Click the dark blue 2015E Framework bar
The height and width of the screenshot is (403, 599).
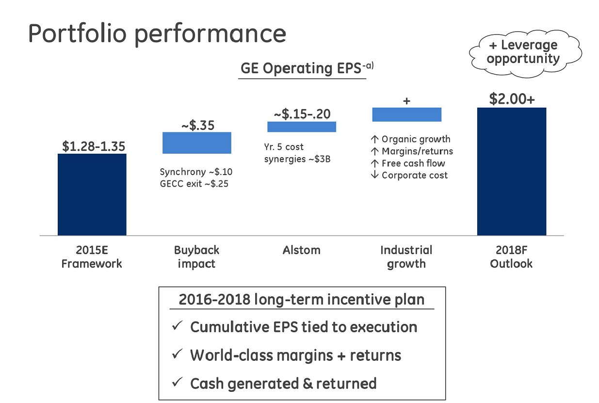[x=92, y=194]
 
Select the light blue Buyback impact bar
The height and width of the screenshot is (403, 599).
[x=197, y=143]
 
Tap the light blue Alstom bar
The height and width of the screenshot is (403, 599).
[x=302, y=127]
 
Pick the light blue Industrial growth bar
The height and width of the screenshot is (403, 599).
[x=407, y=114]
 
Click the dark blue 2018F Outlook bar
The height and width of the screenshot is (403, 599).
[x=512, y=171]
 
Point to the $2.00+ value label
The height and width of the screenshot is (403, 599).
[x=512, y=99]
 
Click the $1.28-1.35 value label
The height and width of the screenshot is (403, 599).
[x=94, y=146]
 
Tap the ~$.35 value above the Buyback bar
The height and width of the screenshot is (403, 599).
[x=198, y=126]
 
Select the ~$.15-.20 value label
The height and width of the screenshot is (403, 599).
[x=302, y=114]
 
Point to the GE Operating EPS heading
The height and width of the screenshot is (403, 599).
[x=307, y=68]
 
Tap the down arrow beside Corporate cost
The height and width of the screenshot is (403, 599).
[x=374, y=175]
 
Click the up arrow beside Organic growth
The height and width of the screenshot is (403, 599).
[x=374, y=139]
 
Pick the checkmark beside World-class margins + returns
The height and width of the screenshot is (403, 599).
[x=177, y=354]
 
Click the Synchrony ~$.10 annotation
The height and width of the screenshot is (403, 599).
[x=196, y=172]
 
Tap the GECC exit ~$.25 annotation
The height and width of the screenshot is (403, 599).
[x=194, y=184]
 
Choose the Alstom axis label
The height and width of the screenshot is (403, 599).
[x=302, y=250]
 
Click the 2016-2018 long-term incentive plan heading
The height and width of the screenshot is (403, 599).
[x=302, y=300]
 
